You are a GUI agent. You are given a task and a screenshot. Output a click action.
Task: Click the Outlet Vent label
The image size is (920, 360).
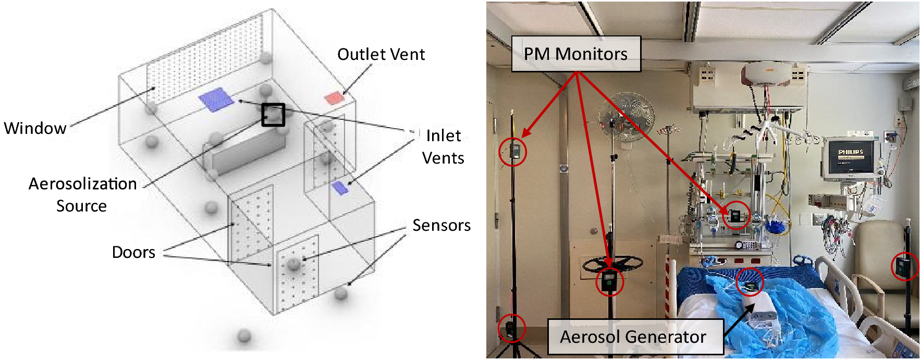(381, 55)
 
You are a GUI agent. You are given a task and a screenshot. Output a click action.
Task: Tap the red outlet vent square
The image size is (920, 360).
(333, 98)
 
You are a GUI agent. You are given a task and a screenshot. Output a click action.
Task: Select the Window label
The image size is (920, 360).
(35, 128)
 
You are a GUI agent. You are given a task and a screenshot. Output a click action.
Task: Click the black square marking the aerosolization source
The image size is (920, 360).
(273, 115)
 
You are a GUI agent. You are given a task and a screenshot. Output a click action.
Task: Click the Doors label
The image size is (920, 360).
(133, 252)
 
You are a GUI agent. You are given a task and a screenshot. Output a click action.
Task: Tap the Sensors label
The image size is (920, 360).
(441, 225)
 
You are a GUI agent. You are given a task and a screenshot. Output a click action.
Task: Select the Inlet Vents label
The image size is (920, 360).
(443, 146)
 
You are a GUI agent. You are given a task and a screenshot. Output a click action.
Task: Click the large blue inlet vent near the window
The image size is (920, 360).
(216, 99)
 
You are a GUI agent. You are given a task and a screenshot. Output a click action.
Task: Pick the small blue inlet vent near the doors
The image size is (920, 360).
(340, 188)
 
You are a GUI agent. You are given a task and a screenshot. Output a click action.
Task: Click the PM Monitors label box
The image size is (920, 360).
(575, 54)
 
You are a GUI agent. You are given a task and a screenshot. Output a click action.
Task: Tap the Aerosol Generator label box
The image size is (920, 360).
(634, 337)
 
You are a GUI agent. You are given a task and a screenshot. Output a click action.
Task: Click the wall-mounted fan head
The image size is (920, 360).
(625, 118)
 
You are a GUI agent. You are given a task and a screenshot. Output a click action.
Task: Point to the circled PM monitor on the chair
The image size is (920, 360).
(904, 266)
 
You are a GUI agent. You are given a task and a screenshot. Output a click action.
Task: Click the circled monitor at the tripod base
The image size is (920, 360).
(511, 328)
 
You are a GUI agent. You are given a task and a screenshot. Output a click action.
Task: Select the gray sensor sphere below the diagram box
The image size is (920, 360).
(244, 336)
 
